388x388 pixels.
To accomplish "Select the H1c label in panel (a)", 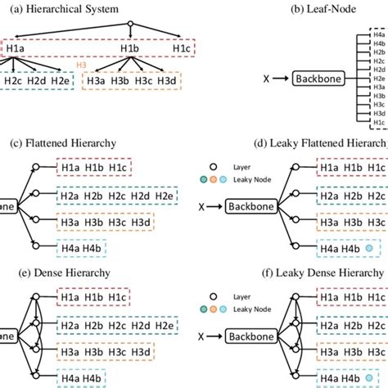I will pos(183,49).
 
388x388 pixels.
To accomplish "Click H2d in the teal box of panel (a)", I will pos(37,80).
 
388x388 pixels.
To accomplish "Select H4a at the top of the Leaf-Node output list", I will pos(378,35).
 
